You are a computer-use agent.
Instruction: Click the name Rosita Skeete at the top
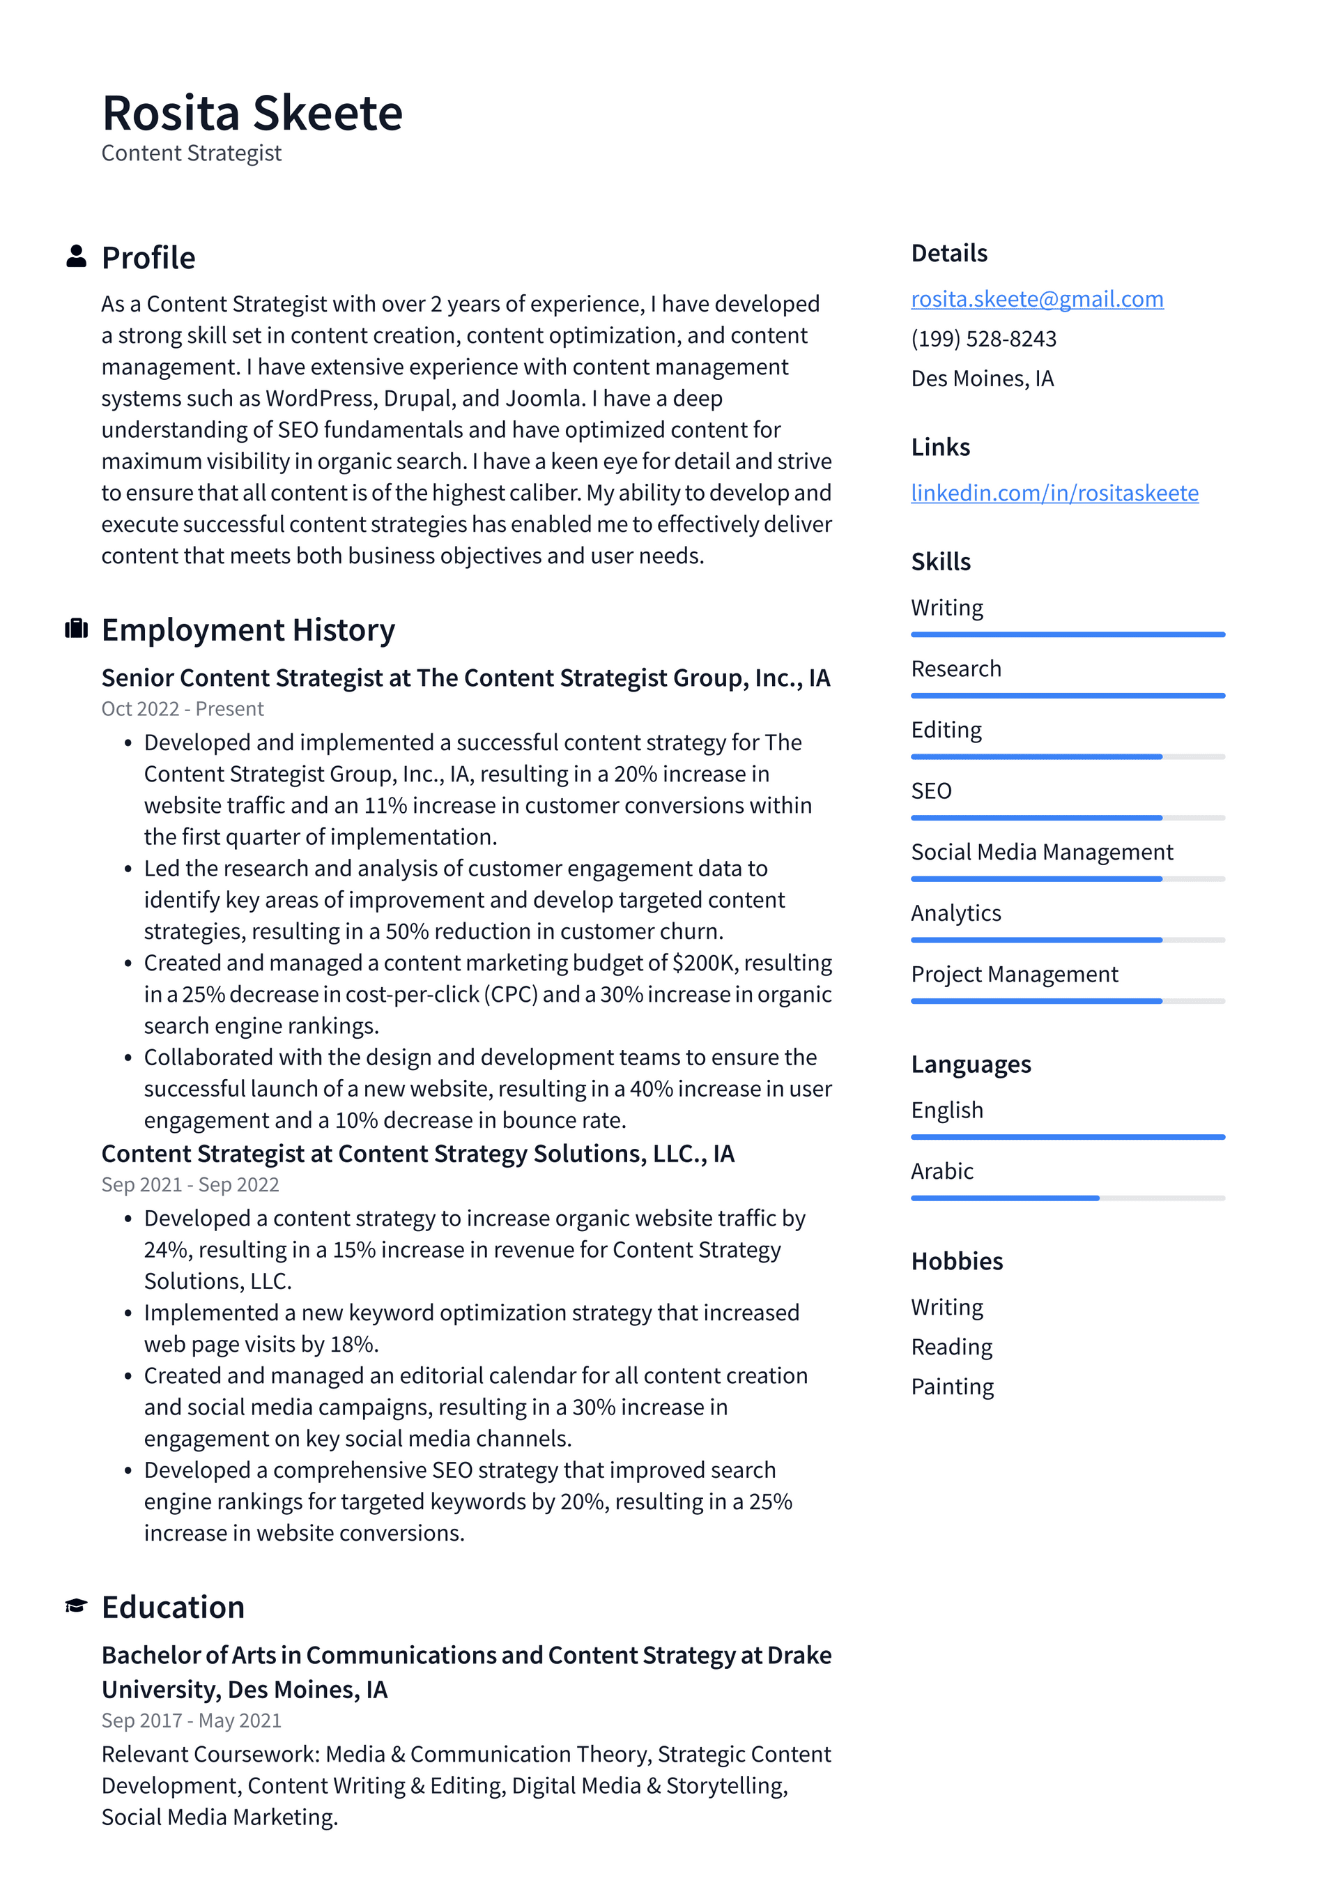(252, 114)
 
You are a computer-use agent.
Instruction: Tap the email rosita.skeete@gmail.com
(1036, 299)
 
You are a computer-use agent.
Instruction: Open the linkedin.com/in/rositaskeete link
(1054, 493)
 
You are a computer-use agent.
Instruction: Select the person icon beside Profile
(76, 257)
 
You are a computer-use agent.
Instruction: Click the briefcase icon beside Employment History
(76, 629)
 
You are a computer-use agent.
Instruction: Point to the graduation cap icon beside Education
(76, 1605)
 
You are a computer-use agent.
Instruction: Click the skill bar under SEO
(1067, 818)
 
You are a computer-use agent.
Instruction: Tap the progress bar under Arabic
(1067, 1198)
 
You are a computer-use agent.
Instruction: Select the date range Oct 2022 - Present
(182, 709)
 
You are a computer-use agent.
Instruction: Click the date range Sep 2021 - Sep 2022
(190, 1184)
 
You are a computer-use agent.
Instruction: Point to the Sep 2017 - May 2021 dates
(191, 1720)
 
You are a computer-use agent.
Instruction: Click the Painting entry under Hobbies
(952, 1387)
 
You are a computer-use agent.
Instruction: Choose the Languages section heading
(971, 1065)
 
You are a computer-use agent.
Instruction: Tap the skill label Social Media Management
(1041, 852)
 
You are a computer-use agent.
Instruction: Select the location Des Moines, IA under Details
(982, 379)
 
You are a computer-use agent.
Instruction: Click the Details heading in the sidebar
(948, 253)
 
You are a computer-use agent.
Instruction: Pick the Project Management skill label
(1014, 974)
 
